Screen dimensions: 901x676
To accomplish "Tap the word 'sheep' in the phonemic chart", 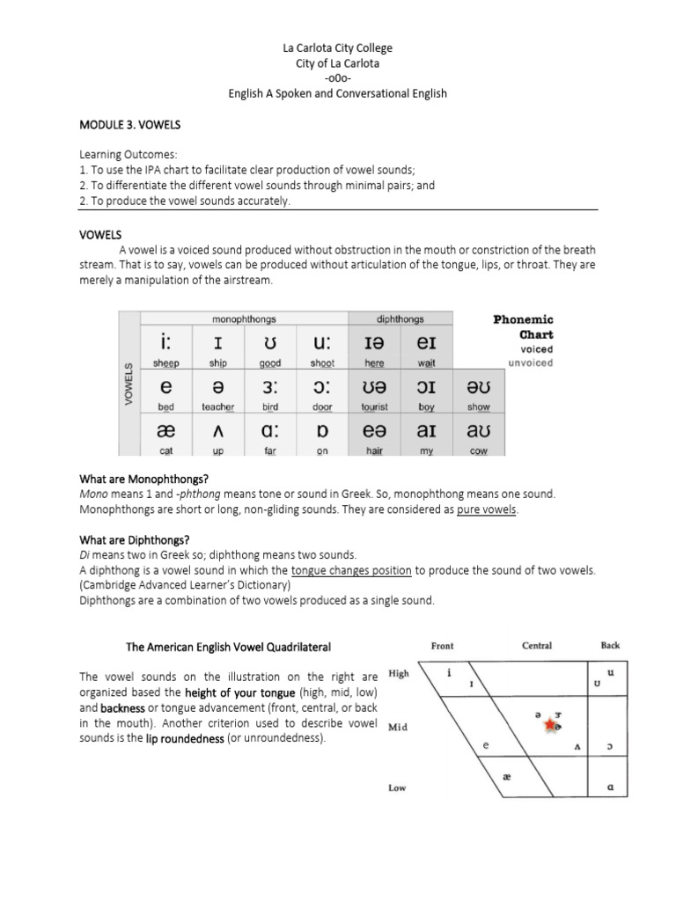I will [x=166, y=362].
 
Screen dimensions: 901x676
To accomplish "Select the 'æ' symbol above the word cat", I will [x=166, y=431].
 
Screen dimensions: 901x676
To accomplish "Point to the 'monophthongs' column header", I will [x=241, y=319].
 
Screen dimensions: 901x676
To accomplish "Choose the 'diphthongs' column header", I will [x=400, y=319].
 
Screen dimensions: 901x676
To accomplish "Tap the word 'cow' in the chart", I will [x=479, y=451].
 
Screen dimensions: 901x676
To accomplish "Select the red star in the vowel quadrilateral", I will [x=551, y=725].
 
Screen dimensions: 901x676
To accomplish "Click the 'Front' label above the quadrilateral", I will [x=443, y=645].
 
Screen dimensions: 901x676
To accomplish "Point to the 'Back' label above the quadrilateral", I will [x=610, y=645].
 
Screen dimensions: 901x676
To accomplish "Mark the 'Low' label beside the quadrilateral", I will [x=397, y=787].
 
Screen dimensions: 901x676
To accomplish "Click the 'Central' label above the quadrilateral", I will [x=537, y=645].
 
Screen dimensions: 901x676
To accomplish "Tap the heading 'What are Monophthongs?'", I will [x=143, y=479].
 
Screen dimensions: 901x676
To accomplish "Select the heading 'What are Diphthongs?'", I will [x=135, y=539].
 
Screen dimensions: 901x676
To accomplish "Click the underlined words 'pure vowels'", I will [x=488, y=510].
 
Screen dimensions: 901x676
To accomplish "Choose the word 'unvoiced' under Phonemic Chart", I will [x=531, y=363].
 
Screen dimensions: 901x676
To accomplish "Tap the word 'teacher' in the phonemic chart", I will [x=217, y=407].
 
